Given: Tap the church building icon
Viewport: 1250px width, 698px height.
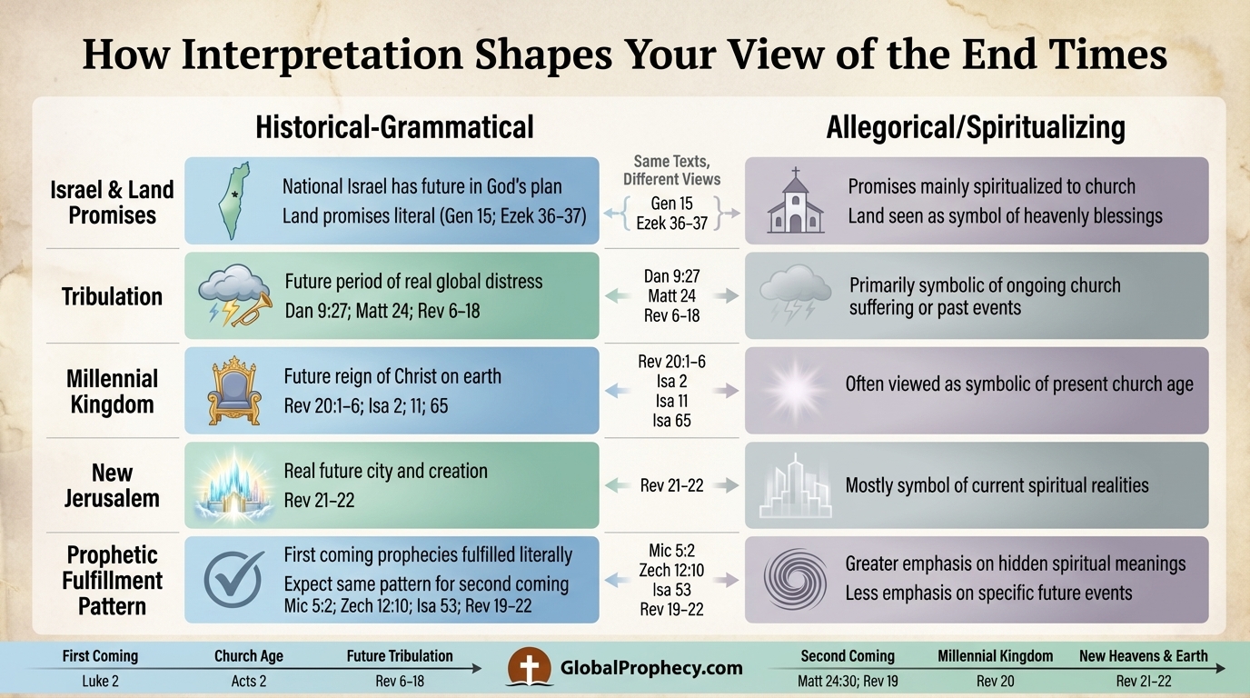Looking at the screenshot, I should [795, 201].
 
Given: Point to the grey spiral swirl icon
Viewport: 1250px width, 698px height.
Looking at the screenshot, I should [795, 579].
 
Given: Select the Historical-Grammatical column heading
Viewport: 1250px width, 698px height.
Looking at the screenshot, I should [394, 126].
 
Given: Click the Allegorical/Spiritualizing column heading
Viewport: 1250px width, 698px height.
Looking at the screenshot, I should [976, 127].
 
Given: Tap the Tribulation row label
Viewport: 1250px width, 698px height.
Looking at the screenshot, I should [112, 296].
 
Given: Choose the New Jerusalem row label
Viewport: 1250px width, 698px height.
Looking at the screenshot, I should [112, 485].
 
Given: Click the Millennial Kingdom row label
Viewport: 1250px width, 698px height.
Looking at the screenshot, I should [112, 391].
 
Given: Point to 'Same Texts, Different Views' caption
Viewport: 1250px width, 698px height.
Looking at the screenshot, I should [672, 169].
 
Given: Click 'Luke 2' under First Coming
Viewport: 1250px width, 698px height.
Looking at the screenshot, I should [100, 681].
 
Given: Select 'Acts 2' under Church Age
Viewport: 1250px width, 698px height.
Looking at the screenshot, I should [249, 681].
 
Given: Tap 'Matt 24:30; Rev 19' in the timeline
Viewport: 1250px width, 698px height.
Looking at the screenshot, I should [848, 681].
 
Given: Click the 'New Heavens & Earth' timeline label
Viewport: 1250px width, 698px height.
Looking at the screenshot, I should [1144, 655].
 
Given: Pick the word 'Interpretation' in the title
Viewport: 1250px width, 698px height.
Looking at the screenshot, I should [332, 55].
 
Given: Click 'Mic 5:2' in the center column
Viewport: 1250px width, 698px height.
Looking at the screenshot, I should [671, 551].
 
